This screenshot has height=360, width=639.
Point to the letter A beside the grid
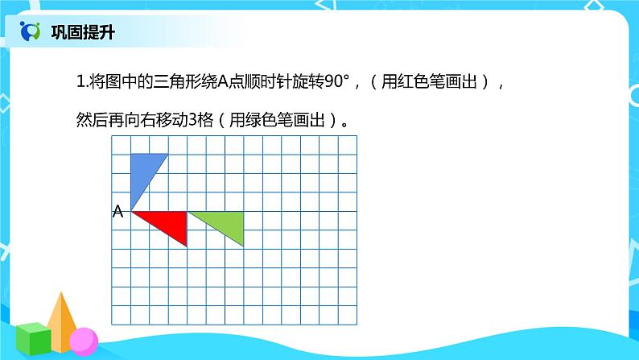tap(117, 212)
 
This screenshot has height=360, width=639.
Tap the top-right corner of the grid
tap(357, 135)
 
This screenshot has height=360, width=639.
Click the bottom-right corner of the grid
tap(357, 325)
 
